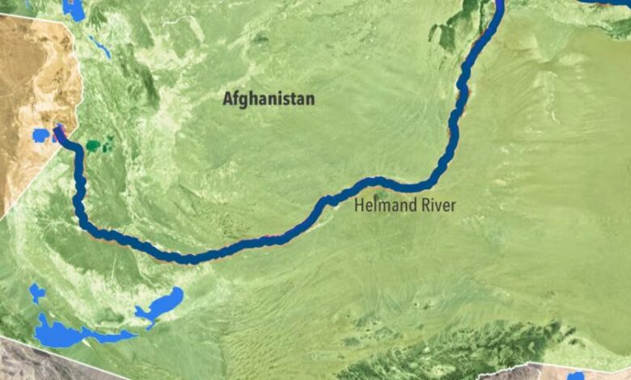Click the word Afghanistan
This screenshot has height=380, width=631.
tap(269, 99)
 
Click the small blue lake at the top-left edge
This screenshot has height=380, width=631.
tap(74, 10)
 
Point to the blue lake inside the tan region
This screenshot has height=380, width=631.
tap(40, 135)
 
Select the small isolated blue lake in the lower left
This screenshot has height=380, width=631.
tap(37, 293)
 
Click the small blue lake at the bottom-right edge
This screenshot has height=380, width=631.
tap(575, 376)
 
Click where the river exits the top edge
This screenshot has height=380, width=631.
tap(497, 4)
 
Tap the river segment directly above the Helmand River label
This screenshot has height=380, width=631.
tap(388, 183)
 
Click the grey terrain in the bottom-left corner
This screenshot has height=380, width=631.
tap(24, 360)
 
